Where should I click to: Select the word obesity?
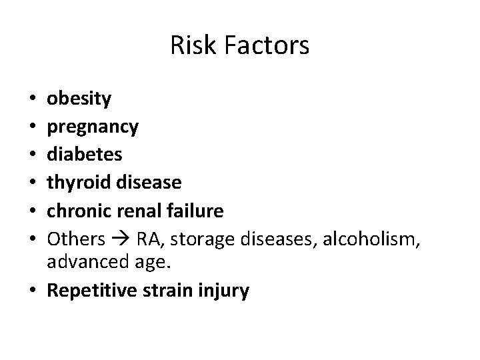point(79,99)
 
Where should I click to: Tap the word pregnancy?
point(93,127)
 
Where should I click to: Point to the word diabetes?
point(84,154)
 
